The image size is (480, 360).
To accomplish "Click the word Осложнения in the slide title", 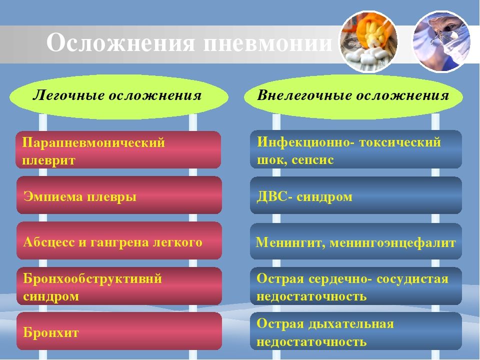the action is click(x=120, y=42).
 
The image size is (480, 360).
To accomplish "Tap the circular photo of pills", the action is click(x=368, y=41).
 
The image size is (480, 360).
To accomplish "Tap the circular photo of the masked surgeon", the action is click(x=441, y=41).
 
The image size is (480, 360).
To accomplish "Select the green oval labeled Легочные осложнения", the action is click(x=119, y=96).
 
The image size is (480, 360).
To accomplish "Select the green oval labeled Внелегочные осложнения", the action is click(x=353, y=96).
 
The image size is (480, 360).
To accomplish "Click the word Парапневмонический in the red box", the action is click(x=93, y=143).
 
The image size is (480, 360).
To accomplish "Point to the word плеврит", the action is click(x=48, y=160).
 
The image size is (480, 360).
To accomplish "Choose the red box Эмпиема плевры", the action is click(x=119, y=195).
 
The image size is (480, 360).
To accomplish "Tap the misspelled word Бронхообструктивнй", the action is click(x=92, y=279).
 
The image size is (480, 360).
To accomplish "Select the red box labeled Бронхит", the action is click(x=119, y=331).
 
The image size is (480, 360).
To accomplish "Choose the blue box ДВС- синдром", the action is click(x=355, y=195).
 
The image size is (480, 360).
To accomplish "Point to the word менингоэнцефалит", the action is click(x=393, y=243).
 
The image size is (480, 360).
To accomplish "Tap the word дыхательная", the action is click(x=351, y=324).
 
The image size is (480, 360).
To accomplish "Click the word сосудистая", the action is click(x=412, y=279).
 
